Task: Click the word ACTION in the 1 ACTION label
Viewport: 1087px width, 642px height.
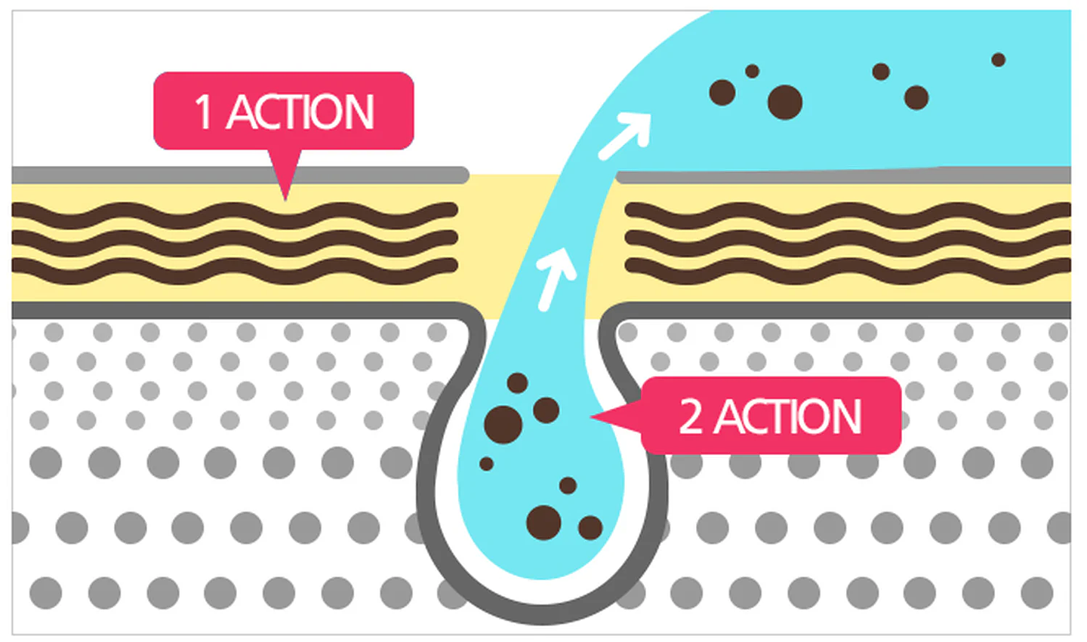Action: coord(301,112)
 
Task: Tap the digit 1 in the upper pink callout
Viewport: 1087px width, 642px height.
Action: coord(203,112)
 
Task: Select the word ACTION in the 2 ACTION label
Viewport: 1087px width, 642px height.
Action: coord(789,416)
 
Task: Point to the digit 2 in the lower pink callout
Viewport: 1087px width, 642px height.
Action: coord(691,416)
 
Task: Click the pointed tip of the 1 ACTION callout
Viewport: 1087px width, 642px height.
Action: coord(285,199)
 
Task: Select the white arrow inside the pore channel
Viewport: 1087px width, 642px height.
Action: coord(556,278)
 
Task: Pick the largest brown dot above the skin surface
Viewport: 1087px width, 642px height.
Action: coord(785,103)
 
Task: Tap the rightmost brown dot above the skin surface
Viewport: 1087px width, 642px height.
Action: coord(998,60)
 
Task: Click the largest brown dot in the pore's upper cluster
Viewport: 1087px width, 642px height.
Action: coord(503,425)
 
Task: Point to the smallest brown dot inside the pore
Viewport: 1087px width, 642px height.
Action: coord(486,464)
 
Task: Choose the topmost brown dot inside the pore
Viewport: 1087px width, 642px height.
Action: coord(517,383)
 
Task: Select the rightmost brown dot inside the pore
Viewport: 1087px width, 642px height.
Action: coord(590,528)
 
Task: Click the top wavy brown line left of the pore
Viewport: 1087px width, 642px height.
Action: coord(235,216)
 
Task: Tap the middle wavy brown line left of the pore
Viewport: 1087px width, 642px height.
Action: coord(235,244)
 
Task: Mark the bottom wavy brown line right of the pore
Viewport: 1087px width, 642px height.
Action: coord(848,271)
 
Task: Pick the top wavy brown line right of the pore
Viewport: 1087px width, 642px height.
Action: coord(848,216)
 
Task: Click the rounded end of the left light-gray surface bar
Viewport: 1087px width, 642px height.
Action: coord(461,175)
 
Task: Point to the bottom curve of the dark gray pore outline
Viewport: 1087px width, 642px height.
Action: coord(542,614)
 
